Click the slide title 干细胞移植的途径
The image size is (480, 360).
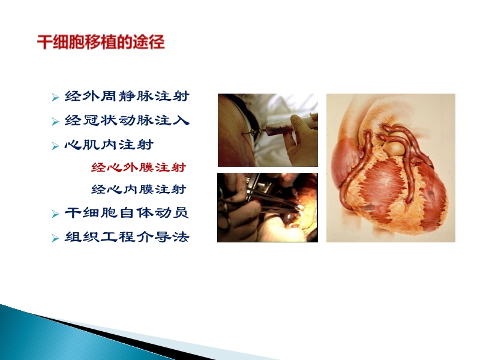tap(101, 43)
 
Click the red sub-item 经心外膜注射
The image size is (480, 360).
tap(138, 167)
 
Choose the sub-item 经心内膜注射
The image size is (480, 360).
tap(138, 190)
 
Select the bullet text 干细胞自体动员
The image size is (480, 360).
tap(127, 213)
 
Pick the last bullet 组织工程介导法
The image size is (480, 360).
tap(127, 237)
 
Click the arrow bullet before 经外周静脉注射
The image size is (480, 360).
tap(55, 97)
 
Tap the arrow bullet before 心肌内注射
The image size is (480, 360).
tap(55, 145)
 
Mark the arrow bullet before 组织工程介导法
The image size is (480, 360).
tap(55, 238)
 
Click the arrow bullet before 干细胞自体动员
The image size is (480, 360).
tap(55, 214)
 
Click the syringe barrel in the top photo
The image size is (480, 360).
tap(277, 127)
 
